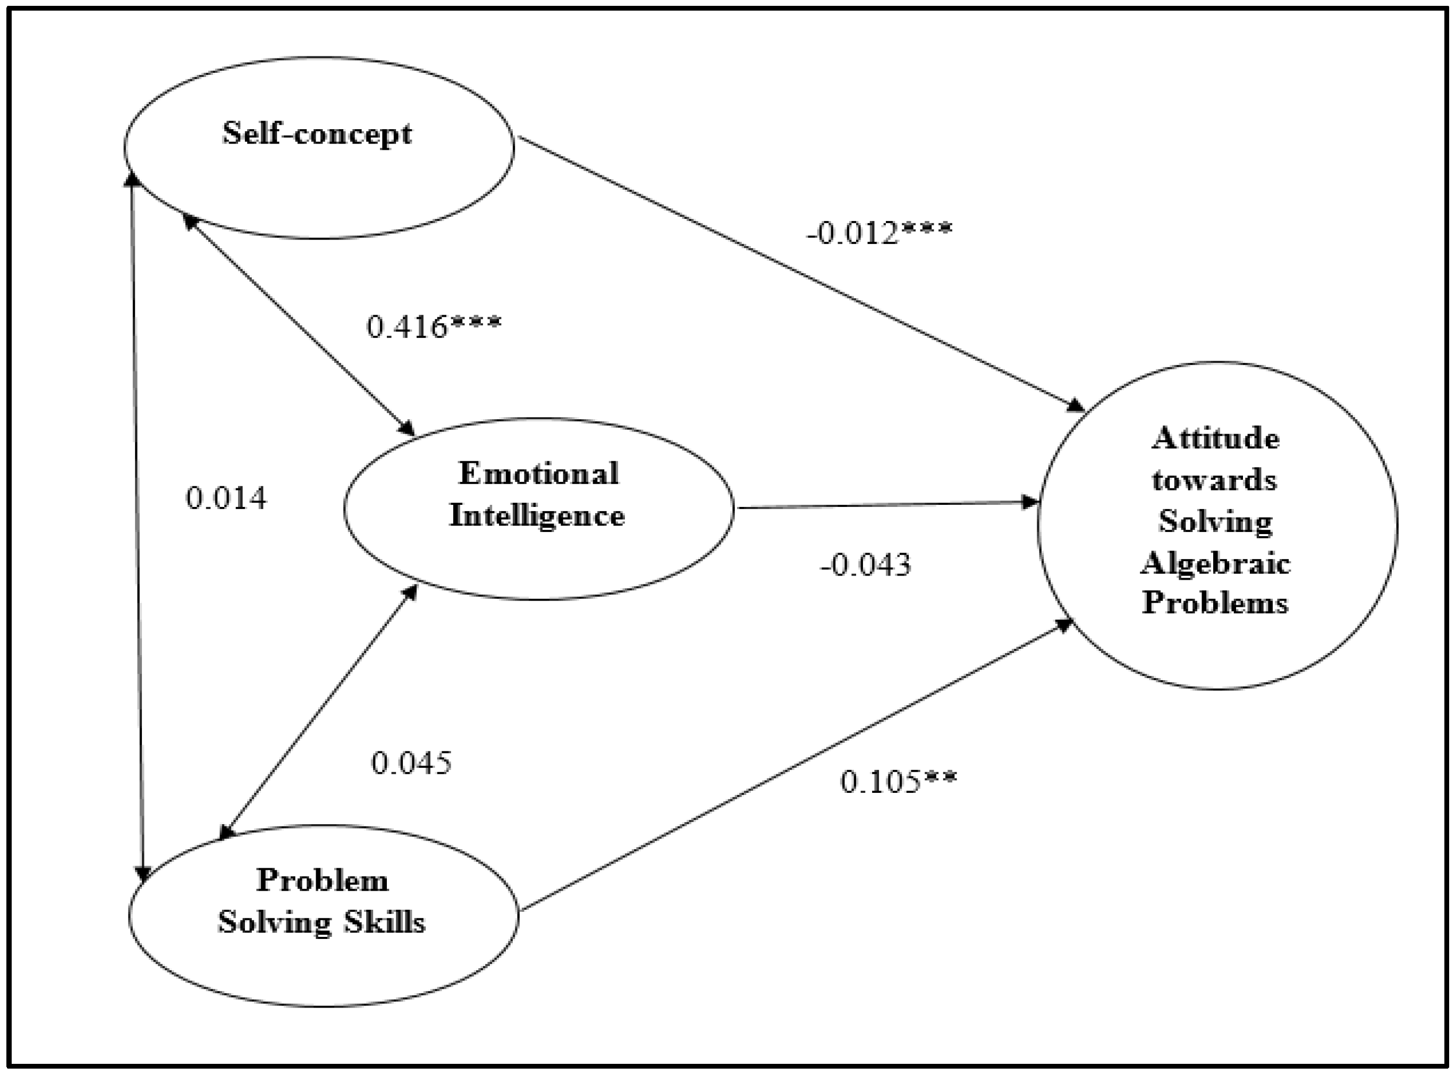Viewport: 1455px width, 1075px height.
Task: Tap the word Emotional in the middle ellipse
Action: [x=538, y=473]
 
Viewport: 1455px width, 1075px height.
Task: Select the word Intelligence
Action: [x=537, y=516]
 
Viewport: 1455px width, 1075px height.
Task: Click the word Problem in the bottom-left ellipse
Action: [x=323, y=881]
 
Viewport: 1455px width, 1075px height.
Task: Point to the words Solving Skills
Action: [x=322, y=922]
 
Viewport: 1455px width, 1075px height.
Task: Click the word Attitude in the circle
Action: [x=1215, y=438]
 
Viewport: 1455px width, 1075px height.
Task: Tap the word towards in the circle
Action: [x=1214, y=480]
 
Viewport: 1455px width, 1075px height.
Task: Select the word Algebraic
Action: [x=1215, y=562]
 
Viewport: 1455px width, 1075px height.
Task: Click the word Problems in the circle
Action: [x=1215, y=603]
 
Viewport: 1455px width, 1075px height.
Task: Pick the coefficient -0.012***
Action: [x=879, y=233]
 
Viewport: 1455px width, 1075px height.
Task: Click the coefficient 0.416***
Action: [x=434, y=327]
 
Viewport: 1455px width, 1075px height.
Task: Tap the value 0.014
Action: [x=226, y=499]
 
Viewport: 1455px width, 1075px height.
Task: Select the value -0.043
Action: [x=866, y=565]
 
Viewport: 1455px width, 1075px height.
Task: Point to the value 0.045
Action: [x=411, y=763]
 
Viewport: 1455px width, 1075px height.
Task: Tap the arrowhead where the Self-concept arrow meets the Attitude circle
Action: [x=1076, y=406]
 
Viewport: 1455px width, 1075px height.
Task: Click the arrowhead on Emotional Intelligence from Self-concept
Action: [x=408, y=429]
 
